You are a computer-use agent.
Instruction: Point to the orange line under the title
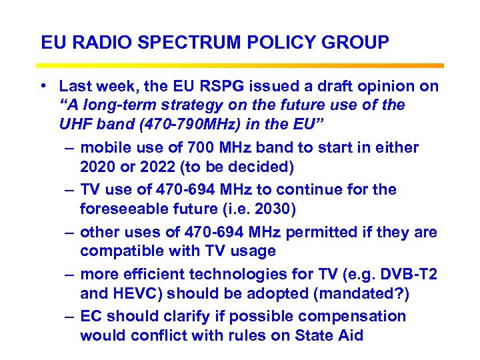point(240,65)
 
